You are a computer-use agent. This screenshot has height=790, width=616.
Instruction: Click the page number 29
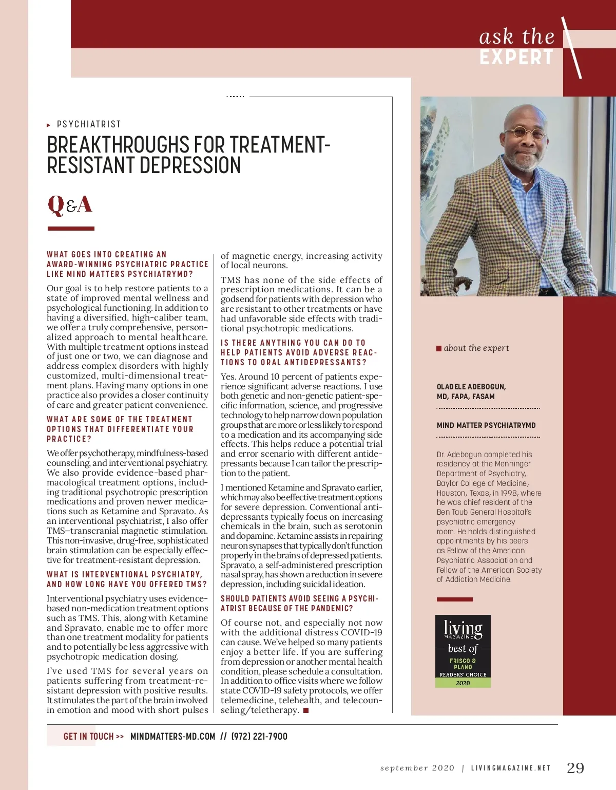[575, 768]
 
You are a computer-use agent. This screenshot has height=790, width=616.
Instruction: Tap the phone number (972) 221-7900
[259, 737]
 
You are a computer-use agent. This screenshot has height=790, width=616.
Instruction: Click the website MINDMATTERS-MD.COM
[173, 737]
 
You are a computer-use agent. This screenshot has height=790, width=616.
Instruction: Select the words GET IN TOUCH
[89, 737]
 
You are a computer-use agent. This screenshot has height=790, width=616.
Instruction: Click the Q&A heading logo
[70, 204]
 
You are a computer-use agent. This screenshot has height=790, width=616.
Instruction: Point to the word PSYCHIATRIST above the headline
[89, 124]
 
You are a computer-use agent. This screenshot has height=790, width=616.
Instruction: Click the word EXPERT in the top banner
[516, 58]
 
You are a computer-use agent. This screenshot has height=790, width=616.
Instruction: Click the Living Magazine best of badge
[463, 651]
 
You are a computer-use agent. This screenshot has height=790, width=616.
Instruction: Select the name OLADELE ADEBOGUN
[471, 387]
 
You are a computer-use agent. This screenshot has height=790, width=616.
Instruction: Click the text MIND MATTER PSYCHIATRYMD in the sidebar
[486, 425]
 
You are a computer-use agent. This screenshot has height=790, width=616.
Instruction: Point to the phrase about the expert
[476, 348]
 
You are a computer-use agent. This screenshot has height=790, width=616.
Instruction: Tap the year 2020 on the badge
[463, 683]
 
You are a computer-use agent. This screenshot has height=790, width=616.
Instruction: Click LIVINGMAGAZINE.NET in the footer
[511, 768]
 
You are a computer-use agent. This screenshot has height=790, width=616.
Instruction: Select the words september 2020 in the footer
[417, 768]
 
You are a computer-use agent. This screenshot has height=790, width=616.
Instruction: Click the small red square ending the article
[306, 710]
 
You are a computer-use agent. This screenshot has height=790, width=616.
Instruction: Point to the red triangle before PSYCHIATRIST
[49, 125]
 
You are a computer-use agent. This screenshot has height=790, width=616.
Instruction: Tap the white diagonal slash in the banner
[572, 48]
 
